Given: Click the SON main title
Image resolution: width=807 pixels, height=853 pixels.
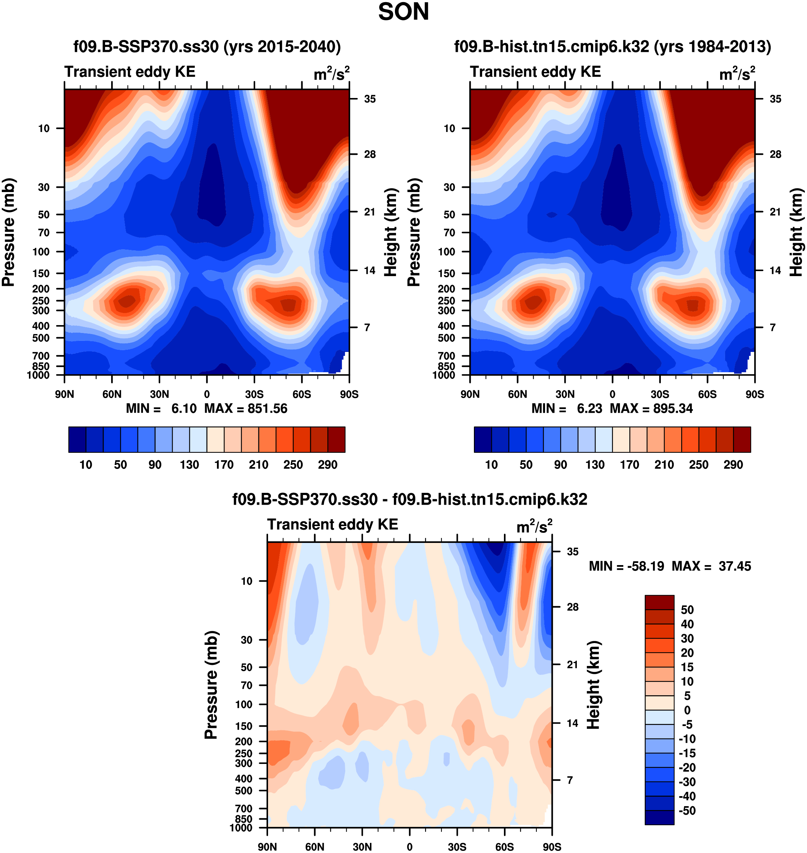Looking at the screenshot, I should pos(403,12).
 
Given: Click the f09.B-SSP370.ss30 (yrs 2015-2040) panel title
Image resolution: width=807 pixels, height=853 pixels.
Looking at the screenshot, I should pos(207,46).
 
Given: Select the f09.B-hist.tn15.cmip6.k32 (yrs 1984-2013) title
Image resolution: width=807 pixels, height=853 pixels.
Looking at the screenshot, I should pos(612,46).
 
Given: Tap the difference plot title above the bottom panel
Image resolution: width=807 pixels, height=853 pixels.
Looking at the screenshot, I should pos(410,499).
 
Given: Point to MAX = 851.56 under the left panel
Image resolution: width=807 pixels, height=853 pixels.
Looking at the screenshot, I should pos(246,408).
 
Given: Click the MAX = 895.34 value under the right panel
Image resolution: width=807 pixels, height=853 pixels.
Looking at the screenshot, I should pos(651,408).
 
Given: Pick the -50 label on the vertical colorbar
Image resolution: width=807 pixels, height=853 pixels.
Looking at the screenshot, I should pos(687,810).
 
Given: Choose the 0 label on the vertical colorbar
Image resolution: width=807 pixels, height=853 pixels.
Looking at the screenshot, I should pos(687,710).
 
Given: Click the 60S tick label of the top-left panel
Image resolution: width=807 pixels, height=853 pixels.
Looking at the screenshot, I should pos(302,394).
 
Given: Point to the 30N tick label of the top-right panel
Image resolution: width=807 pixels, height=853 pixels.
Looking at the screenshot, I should pos(565,394).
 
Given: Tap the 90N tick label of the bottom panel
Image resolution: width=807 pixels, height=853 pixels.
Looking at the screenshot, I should pos(267,847).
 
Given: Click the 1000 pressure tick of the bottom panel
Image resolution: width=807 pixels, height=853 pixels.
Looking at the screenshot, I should pos(241,828).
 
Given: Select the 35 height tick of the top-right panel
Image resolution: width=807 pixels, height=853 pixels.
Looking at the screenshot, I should pos(775,99).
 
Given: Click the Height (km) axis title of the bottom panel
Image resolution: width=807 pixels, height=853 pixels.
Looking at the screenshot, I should pos(594,684).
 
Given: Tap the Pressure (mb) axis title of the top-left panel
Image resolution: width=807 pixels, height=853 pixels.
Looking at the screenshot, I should pos(9,232).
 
